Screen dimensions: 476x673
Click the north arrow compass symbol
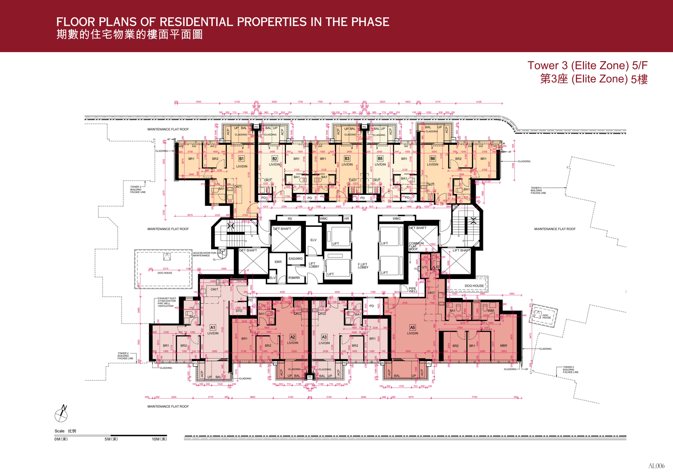pyautogui.click(x=61, y=415)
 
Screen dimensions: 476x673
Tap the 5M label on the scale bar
pyautogui.click(x=111, y=439)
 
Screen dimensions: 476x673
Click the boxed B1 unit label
pyautogui.click(x=241, y=159)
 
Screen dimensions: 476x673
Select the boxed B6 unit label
pyautogui.click(x=432, y=159)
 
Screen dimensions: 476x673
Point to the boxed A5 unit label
pyautogui.click(x=412, y=327)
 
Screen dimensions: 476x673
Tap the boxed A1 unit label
pyautogui.click(x=213, y=327)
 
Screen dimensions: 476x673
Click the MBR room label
pyautogui.click(x=503, y=346)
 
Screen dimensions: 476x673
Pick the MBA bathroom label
pyautogui.click(x=491, y=311)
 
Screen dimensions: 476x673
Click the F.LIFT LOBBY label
pyautogui.click(x=363, y=266)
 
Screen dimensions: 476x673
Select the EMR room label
pyautogui.click(x=278, y=262)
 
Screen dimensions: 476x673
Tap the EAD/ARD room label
pyautogui.click(x=295, y=259)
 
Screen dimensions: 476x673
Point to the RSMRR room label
pyautogui.click(x=294, y=278)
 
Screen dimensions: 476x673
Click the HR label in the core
pyautogui.click(x=347, y=219)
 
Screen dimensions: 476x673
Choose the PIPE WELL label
pyautogui.click(x=413, y=290)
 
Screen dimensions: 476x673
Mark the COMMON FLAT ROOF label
pyautogui.click(x=416, y=246)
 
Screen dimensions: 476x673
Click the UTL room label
pyautogui.click(x=425, y=267)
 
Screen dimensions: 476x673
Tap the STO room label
pyautogui.click(x=238, y=311)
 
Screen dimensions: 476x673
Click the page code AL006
pyautogui.click(x=656, y=466)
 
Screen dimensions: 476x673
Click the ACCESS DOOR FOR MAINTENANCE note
pyautogui.click(x=204, y=254)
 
